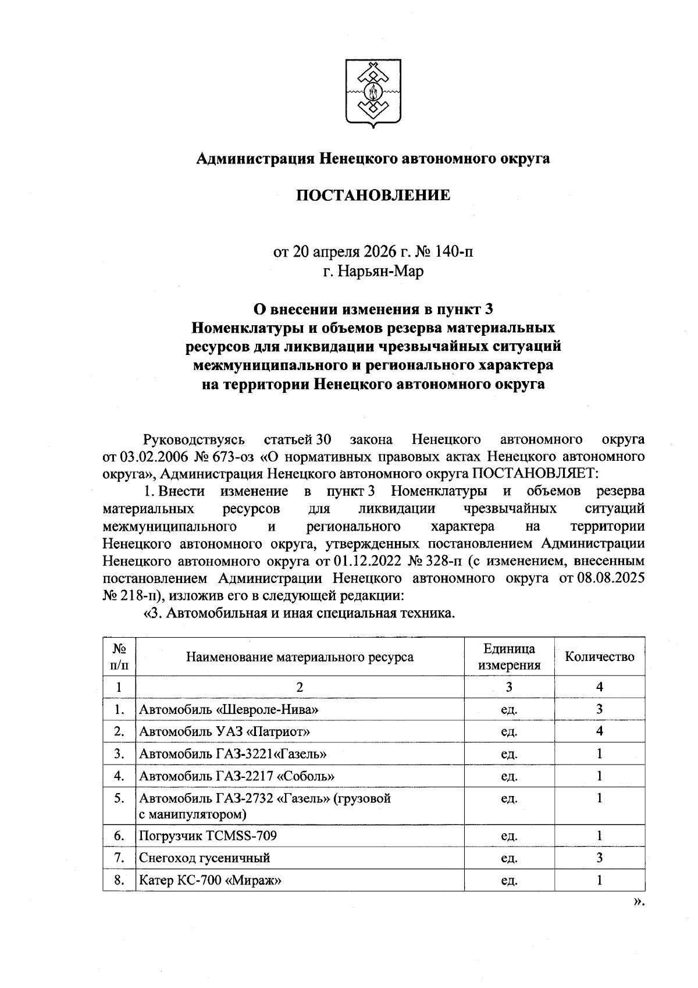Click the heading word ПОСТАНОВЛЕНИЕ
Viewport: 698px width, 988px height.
pyautogui.click(x=373, y=195)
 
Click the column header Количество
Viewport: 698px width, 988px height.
pyautogui.click(x=599, y=657)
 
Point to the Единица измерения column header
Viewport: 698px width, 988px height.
pyautogui.click(x=509, y=657)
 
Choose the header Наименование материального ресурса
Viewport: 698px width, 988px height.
pyautogui.click(x=300, y=657)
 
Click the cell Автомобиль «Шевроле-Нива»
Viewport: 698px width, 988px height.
pyautogui.click(x=229, y=709)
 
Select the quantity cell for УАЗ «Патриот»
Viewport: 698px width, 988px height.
pyautogui.click(x=599, y=731)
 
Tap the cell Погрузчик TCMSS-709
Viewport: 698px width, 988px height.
pyautogui.click(x=208, y=836)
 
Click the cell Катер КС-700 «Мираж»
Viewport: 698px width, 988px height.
pyautogui.click(x=211, y=880)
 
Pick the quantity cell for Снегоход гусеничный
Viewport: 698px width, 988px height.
pyautogui.click(x=599, y=858)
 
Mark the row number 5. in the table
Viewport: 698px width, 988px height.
pyautogui.click(x=119, y=798)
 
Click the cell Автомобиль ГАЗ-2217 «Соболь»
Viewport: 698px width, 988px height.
pyautogui.click(x=237, y=776)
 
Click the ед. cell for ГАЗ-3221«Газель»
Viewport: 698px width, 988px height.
pyautogui.click(x=509, y=754)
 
